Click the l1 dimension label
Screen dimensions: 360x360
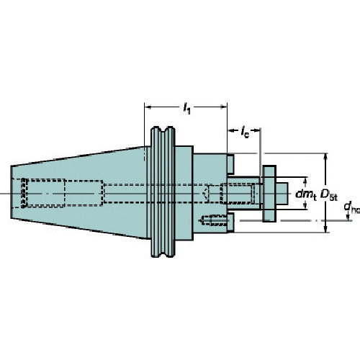(187, 108)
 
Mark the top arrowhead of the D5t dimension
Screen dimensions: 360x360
(326, 156)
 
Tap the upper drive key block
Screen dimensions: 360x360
(230, 165)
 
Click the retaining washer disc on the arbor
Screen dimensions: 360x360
(269, 193)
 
